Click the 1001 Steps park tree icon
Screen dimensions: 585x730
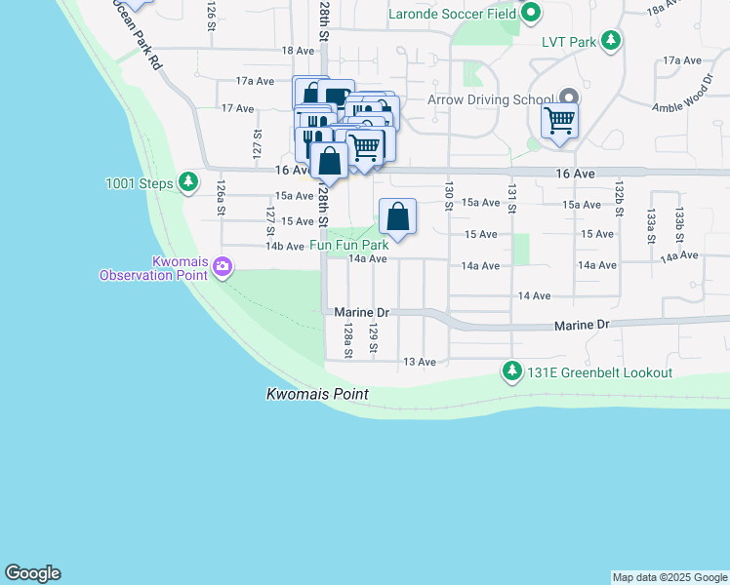[188, 182]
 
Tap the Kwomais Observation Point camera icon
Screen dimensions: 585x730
[223, 266]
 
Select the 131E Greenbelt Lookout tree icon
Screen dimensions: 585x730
[511, 371]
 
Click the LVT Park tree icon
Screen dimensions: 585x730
[611, 42]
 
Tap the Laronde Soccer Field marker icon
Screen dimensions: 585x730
[530, 14]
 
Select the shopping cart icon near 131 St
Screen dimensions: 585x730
[559, 122]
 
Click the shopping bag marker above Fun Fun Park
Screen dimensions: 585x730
[398, 216]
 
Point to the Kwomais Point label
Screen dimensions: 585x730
[317, 395]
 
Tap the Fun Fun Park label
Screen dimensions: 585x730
[349, 246]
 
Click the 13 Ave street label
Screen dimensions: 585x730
[420, 362]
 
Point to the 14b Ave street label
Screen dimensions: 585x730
[285, 247]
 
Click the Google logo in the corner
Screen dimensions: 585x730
[32, 573]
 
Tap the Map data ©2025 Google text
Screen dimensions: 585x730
[669, 577]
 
